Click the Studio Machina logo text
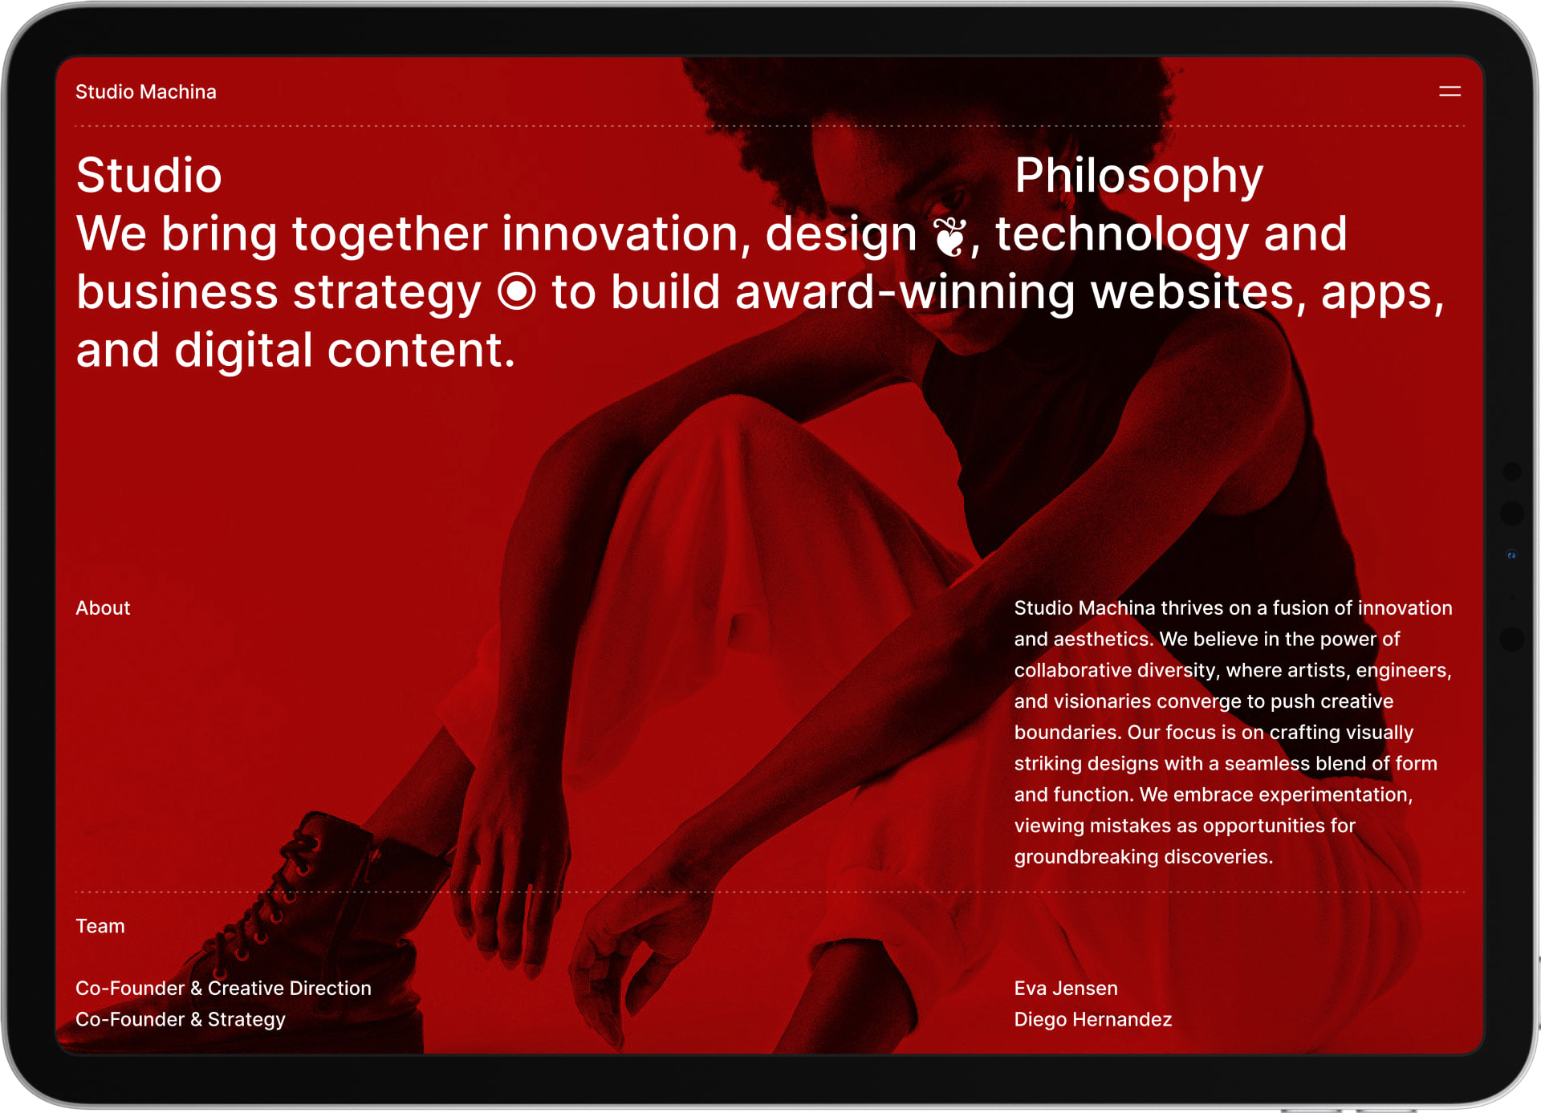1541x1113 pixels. (146, 91)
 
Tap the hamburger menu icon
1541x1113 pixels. (1450, 91)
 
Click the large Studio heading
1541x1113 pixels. (148, 175)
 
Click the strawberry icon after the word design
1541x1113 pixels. (950, 237)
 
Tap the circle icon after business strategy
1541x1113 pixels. (516, 291)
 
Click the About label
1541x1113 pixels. (103, 608)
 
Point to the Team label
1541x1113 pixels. (100, 926)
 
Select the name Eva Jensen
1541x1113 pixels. (1066, 989)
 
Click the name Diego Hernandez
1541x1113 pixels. (1093, 1020)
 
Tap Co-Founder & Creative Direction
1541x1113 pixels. (223, 989)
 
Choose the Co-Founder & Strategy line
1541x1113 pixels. (181, 1020)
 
